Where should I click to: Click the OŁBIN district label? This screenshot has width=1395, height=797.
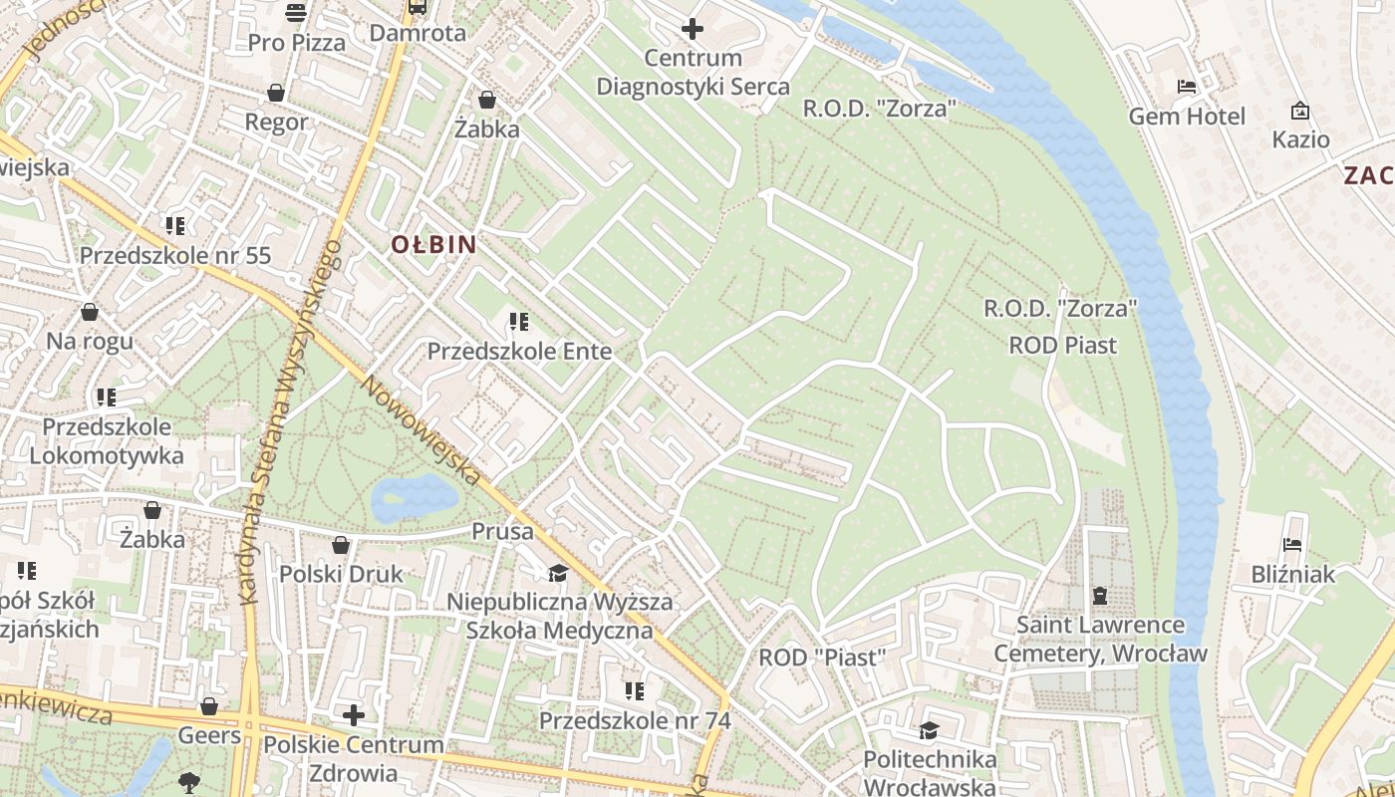tap(433, 244)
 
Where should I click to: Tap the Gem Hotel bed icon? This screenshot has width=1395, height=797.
tap(1186, 87)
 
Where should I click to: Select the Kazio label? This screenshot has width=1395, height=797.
tap(1300, 139)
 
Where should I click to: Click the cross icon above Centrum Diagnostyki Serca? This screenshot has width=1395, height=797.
tap(693, 29)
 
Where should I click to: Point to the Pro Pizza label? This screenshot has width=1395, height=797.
tap(297, 43)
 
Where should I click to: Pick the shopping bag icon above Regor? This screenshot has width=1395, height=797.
tap(276, 93)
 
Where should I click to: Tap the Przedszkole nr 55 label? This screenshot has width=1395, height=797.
tap(175, 255)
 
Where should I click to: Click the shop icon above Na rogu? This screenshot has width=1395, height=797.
tap(90, 312)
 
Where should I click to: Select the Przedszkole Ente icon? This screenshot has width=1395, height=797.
tap(519, 322)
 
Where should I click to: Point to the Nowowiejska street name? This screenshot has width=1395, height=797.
tap(420, 430)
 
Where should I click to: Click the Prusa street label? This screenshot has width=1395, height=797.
tap(503, 532)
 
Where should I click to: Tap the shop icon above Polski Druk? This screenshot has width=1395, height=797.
tap(341, 545)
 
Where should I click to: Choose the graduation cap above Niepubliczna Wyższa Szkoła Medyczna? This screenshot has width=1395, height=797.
tap(558, 573)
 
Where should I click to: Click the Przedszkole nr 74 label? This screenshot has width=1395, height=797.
tap(635, 720)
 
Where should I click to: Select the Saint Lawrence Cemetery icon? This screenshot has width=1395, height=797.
tap(1100, 596)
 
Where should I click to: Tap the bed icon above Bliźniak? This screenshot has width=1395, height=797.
tap(1293, 545)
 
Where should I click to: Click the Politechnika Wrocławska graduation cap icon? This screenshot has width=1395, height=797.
tap(930, 730)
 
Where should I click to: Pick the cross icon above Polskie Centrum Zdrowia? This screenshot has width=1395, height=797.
tap(354, 715)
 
